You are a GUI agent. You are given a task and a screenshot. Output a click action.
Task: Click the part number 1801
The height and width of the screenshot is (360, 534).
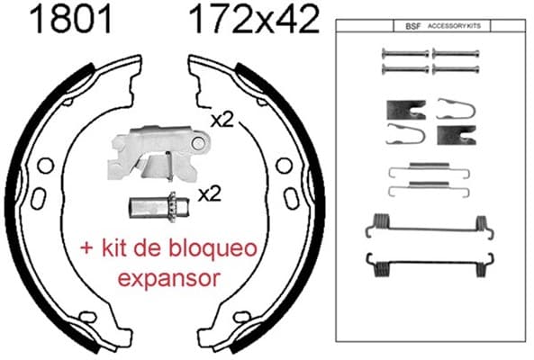[71, 20]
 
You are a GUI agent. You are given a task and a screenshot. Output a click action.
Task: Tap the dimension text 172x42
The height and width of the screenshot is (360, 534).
[255, 20]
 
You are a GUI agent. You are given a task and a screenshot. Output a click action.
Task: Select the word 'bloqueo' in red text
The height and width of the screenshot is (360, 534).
[213, 249]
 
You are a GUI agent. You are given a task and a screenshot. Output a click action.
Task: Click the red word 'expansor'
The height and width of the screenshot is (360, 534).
[168, 278]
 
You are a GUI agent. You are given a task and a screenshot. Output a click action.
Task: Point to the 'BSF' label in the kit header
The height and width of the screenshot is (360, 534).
[413, 26]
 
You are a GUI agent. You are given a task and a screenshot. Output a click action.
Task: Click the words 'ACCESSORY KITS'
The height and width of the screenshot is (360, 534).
[455, 26]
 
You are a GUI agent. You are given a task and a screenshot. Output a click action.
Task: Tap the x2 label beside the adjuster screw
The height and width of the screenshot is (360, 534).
[210, 194]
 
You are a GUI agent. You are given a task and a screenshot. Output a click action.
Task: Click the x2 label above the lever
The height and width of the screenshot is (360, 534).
[222, 120]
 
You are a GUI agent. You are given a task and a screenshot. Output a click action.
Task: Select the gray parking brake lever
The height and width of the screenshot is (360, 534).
[158, 153]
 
